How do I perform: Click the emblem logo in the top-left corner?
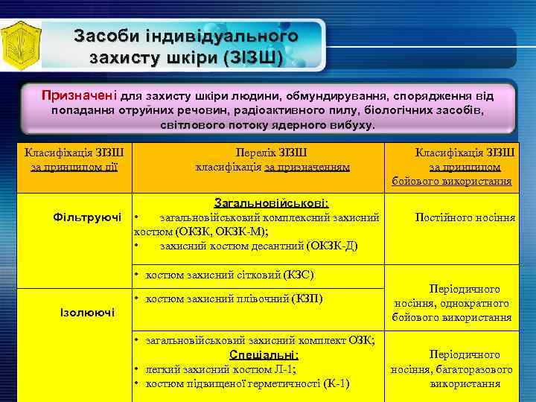(19, 45)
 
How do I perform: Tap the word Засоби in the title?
(105, 36)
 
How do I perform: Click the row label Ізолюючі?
(87, 311)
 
